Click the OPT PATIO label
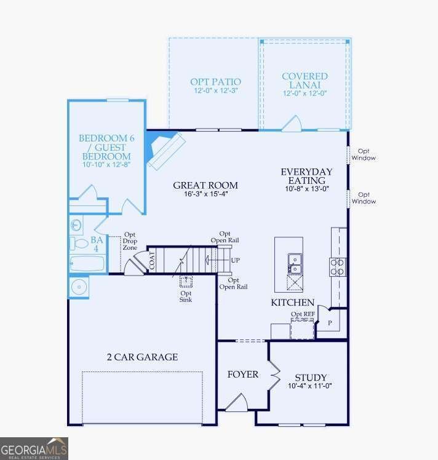click(215, 82)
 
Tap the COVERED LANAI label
click(305, 76)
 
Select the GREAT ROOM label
click(205, 185)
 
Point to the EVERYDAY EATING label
click(306, 176)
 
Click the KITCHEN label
click(292, 303)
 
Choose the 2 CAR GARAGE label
click(142, 357)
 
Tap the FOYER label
click(242, 375)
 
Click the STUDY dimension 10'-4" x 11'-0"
click(310, 387)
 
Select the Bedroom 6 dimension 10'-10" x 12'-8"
click(106, 165)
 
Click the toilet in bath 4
click(78, 243)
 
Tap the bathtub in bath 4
click(87, 264)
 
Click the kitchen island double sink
click(294, 264)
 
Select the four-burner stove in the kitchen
click(337, 267)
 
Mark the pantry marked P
click(330, 322)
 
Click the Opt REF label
click(303, 314)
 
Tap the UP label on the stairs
click(234, 260)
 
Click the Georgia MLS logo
click(34, 448)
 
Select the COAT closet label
click(151, 261)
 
